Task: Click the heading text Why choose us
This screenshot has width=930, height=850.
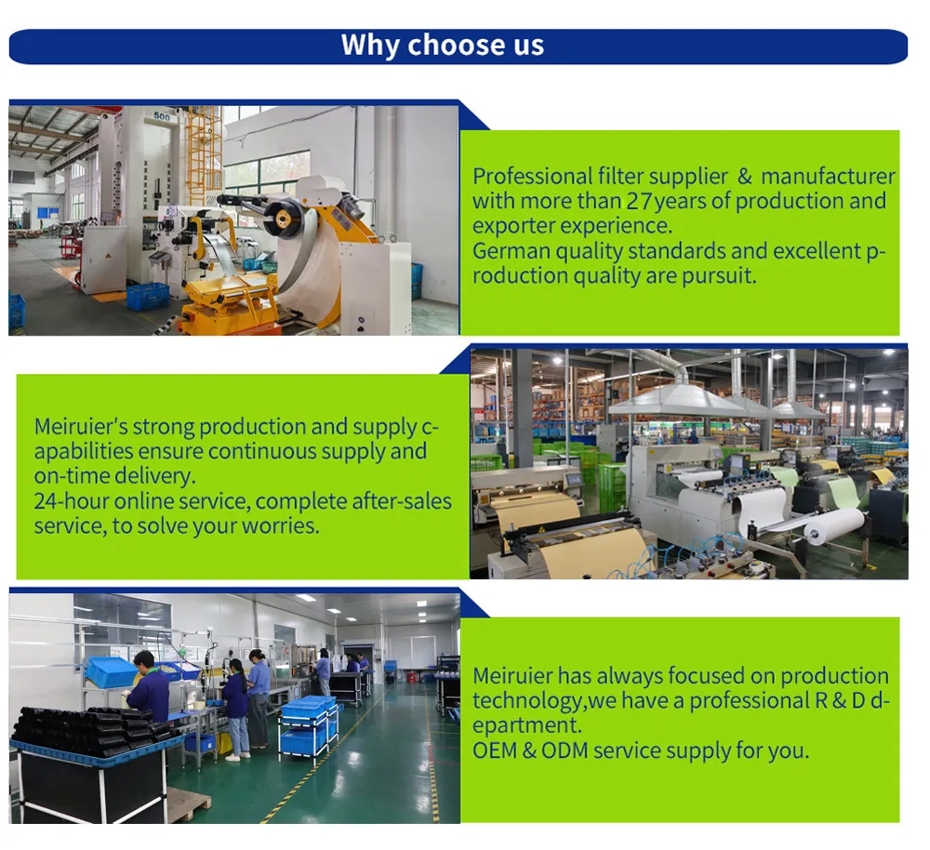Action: click(x=443, y=46)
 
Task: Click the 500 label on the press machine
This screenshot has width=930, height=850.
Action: click(x=163, y=116)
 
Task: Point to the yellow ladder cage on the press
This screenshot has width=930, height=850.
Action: click(x=204, y=153)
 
